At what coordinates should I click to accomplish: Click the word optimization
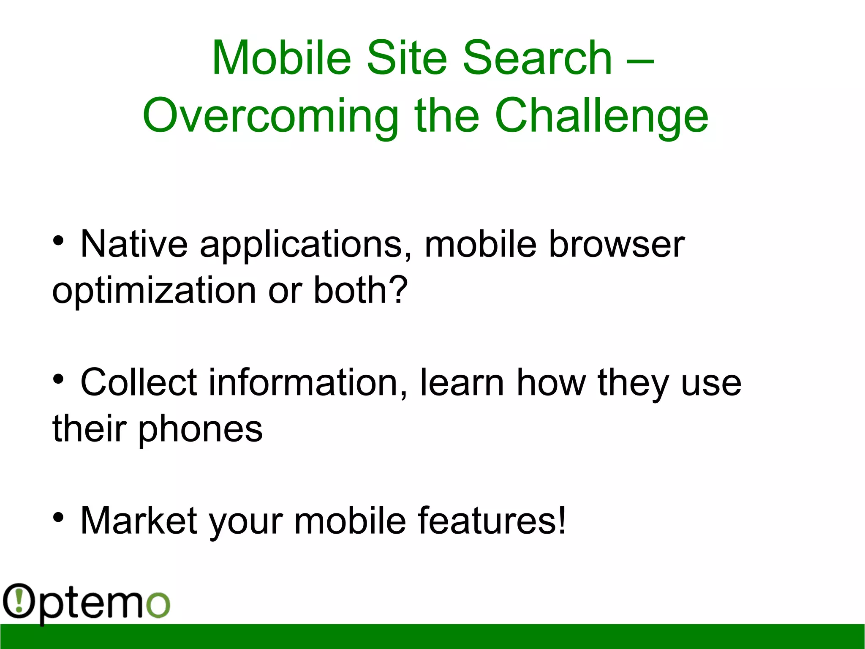click(154, 292)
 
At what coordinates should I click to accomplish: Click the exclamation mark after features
click(561, 520)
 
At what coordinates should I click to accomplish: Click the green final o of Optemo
click(158, 605)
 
